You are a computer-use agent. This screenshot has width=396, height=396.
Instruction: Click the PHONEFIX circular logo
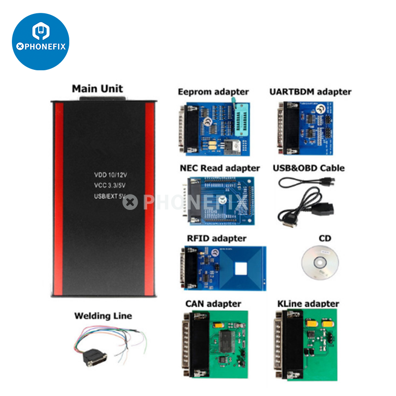pyautogui.click(x=41, y=41)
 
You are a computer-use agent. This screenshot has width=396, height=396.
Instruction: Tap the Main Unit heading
pyautogui.click(x=98, y=89)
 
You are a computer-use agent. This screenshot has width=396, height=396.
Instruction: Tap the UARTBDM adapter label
pyautogui.click(x=310, y=92)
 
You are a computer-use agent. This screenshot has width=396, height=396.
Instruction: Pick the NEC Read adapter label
pyautogui.click(x=220, y=168)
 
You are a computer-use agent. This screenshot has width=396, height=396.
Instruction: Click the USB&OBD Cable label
pyautogui.click(x=308, y=168)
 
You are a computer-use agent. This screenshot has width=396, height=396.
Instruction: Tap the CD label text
pyautogui.click(x=325, y=238)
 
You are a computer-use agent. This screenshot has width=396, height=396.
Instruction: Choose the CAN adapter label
pyautogui.click(x=213, y=303)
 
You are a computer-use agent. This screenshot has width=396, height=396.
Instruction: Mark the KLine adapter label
pyautogui.click(x=308, y=303)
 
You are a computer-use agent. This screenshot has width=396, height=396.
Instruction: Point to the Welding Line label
pyautogui.click(x=103, y=316)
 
